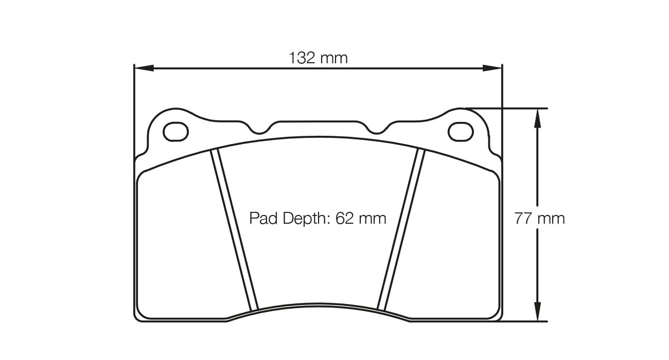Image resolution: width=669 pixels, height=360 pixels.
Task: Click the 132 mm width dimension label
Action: coord(318,58)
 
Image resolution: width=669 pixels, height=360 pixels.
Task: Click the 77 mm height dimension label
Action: coord(539,219)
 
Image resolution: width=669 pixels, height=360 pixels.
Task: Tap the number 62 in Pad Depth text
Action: coord(344,218)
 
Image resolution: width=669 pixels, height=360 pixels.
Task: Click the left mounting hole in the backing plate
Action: coord(175,131)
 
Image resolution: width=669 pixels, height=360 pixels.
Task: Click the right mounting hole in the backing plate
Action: coord(461,131)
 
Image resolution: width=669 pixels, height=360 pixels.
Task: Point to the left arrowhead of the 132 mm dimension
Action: coord(143,68)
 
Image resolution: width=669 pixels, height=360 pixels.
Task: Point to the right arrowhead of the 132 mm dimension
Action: coord(492,68)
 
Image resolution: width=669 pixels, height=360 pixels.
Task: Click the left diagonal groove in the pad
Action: coord(234,229)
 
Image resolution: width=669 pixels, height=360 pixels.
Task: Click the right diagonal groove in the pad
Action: coord(401,229)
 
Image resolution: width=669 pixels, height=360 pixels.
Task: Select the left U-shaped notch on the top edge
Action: coord(261,129)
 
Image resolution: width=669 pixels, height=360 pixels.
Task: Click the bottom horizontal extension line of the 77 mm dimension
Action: coord(525,321)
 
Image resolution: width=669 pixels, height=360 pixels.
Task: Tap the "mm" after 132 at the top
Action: coord(334,58)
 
